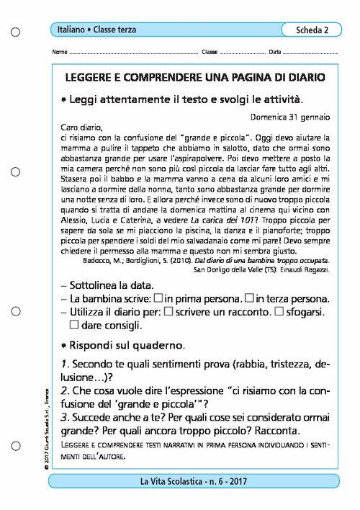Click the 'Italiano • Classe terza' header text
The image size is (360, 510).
tap(97, 30)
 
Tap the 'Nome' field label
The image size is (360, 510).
tap(60, 53)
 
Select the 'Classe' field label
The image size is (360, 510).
tap(209, 53)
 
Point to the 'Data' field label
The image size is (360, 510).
tap(274, 53)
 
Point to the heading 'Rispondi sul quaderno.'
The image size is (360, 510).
tap(128, 344)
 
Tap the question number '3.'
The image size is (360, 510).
tap(66, 417)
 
